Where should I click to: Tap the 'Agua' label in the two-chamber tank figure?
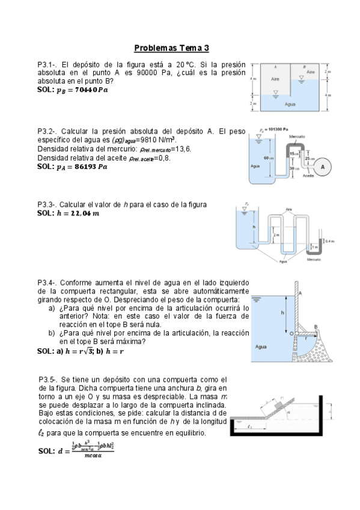click(x=290, y=103)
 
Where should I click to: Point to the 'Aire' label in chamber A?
click(x=275, y=78)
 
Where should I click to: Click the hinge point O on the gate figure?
click(x=291, y=333)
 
